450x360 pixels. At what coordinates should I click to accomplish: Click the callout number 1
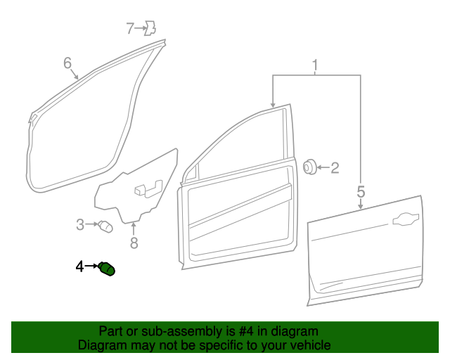(x=316, y=66)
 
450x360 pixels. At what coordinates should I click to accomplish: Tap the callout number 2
(x=335, y=167)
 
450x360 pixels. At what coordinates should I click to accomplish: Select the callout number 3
(x=80, y=225)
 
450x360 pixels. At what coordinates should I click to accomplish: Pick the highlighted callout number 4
(x=80, y=266)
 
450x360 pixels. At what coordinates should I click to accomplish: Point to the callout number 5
(x=361, y=191)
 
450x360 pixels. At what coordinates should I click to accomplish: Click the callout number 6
(x=67, y=64)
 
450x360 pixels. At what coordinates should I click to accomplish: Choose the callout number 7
(x=130, y=29)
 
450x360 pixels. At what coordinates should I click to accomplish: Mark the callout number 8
(x=134, y=243)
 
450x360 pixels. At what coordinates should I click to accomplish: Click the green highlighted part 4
(x=108, y=269)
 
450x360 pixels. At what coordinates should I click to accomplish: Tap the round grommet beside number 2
(x=309, y=167)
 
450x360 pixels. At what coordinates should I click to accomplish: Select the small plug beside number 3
(x=105, y=226)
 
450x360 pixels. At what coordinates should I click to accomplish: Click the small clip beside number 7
(x=149, y=29)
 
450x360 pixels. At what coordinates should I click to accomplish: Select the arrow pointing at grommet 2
(x=321, y=167)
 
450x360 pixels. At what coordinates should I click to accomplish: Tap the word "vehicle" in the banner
(x=310, y=346)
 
